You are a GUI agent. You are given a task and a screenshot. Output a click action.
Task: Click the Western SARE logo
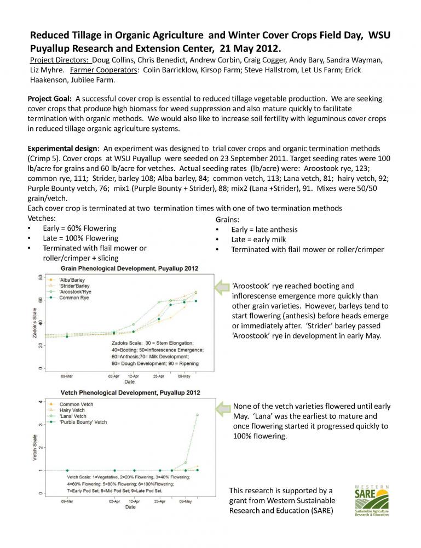pyautogui.click(x=373, y=501)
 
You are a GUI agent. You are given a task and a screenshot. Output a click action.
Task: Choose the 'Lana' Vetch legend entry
pyautogui.click(x=73, y=417)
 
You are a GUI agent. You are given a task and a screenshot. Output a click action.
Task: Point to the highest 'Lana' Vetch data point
pyautogui.click(x=197, y=415)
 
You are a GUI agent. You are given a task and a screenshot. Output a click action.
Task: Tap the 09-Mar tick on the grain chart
pyautogui.click(x=67, y=376)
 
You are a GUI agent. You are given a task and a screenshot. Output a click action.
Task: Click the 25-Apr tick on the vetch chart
pyautogui.click(x=160, y=501)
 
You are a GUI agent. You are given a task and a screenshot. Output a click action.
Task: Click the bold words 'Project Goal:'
pyautogui.click(x=49, y=99)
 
